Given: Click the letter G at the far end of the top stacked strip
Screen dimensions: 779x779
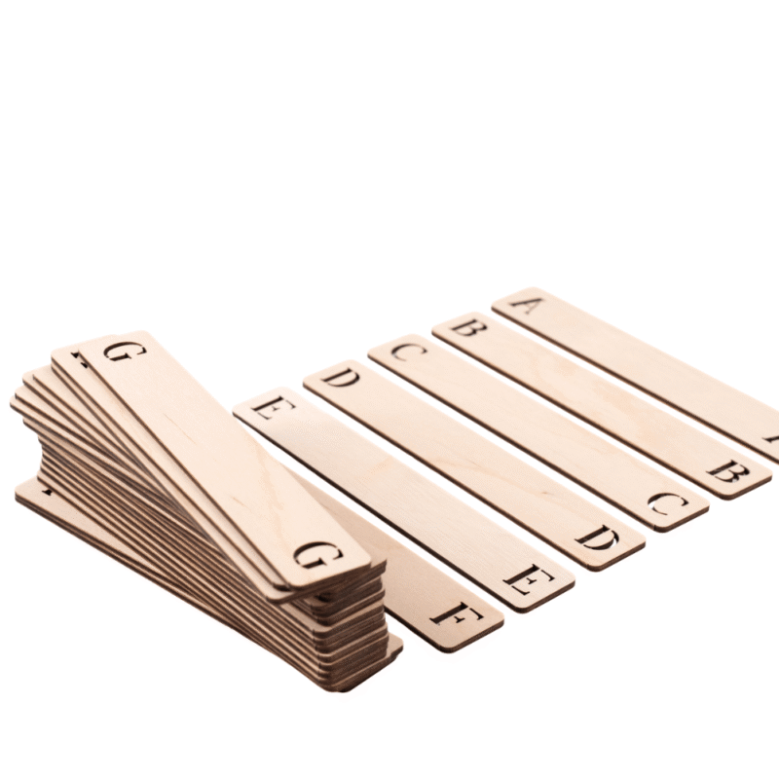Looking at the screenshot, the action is point(125,352).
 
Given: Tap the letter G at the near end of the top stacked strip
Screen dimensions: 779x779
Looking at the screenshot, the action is point(318,555).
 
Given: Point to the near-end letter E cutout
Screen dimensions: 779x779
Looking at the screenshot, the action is point(528,580).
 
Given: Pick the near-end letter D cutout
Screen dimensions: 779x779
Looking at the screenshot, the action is point(597,538).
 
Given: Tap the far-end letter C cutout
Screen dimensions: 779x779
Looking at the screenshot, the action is point(408,352).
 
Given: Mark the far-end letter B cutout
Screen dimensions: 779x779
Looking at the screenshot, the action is point(468,327).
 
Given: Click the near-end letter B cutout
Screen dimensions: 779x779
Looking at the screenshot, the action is point(727,471).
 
